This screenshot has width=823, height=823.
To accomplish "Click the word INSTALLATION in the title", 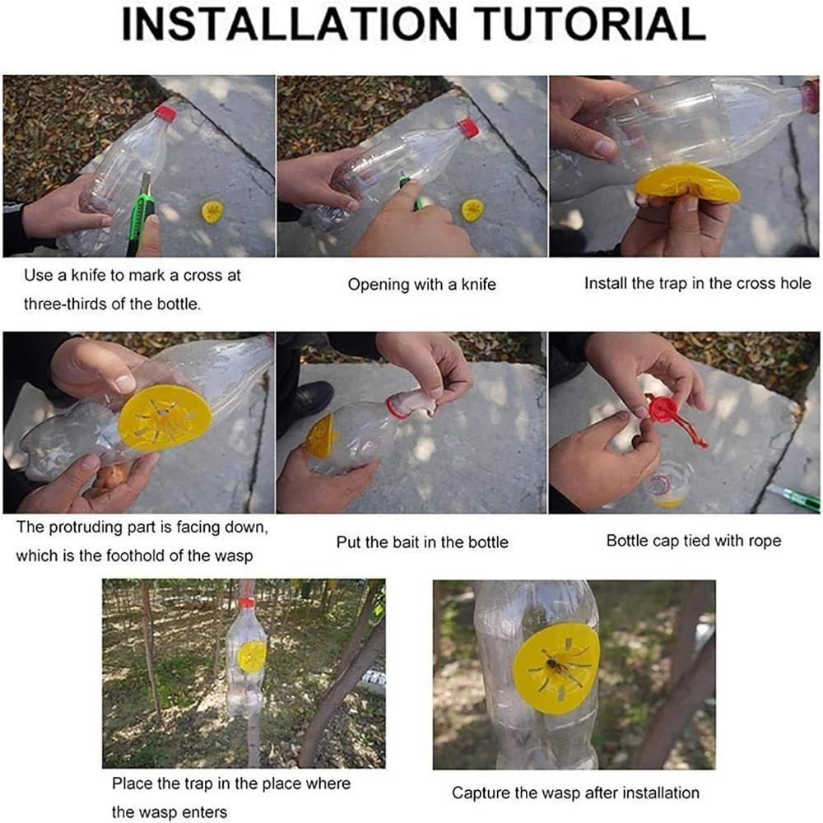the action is [x=290, y=24].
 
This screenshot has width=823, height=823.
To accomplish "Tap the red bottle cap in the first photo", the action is [x=165, y=114].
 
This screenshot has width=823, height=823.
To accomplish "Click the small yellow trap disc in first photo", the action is [x=212, y=212].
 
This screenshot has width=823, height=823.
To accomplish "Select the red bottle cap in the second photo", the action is [x=469, y=128].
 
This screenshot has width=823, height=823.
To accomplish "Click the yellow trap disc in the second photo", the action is [x=472, y=210].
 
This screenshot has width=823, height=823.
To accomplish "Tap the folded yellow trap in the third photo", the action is [x=686, y=184].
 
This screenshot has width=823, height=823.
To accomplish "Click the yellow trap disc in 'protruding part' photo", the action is [x=165, y=418].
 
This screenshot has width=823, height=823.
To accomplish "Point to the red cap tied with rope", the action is [x=663, y=409].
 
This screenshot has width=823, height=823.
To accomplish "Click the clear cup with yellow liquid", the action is [x=667, y=484].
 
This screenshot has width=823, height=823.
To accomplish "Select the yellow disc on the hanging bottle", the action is [x=252, y=657].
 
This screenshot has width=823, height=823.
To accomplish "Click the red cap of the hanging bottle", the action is [x=247, y=602].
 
